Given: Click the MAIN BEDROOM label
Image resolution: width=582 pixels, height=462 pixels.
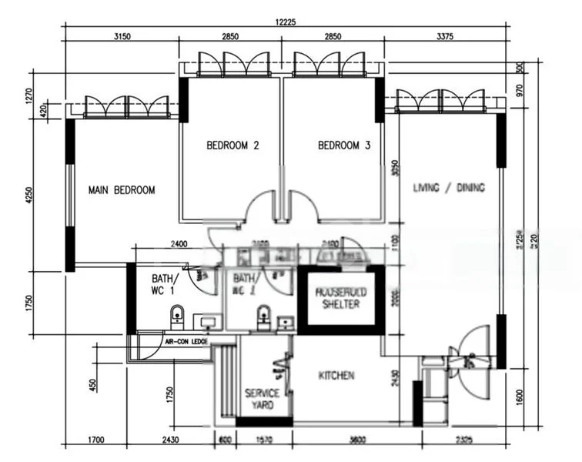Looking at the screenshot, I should (x=122, y=190).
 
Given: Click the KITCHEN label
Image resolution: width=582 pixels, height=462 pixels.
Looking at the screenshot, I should (x=336, y=376).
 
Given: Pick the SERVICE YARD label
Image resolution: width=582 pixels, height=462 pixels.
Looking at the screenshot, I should (x=263, y=399).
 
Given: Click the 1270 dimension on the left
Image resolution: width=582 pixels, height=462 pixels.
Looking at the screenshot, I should (x=29, y=95).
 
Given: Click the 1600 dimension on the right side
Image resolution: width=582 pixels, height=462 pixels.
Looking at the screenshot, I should (x=520, y=398).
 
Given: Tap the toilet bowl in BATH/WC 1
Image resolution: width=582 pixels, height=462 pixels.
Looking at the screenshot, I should (x=176, y=314).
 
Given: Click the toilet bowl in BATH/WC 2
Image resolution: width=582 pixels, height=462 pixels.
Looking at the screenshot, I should (x=263, y=315).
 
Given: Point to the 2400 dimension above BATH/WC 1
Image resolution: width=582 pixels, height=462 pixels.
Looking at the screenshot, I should (x=179, y=244).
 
